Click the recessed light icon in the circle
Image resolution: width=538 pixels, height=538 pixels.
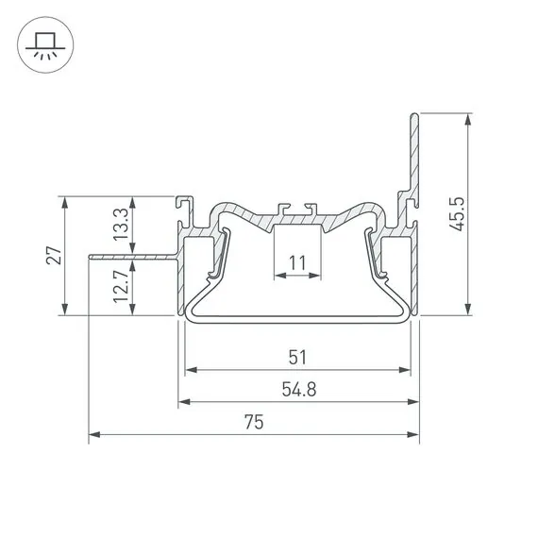tap(45, 45)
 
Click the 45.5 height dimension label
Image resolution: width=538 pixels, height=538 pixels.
tap(457, 213)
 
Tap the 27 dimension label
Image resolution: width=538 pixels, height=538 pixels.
tap(54, 255)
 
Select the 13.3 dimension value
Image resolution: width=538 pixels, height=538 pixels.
tap(121, 225)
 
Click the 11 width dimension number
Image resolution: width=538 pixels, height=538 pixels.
tap(297, 263)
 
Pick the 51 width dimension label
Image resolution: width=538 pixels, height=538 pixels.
tap(297, 357)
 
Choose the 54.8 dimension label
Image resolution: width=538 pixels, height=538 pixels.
tap(299, 390)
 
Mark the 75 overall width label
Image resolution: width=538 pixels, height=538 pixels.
tap(254, 422)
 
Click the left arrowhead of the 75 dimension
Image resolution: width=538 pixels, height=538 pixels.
tap(94, 434)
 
